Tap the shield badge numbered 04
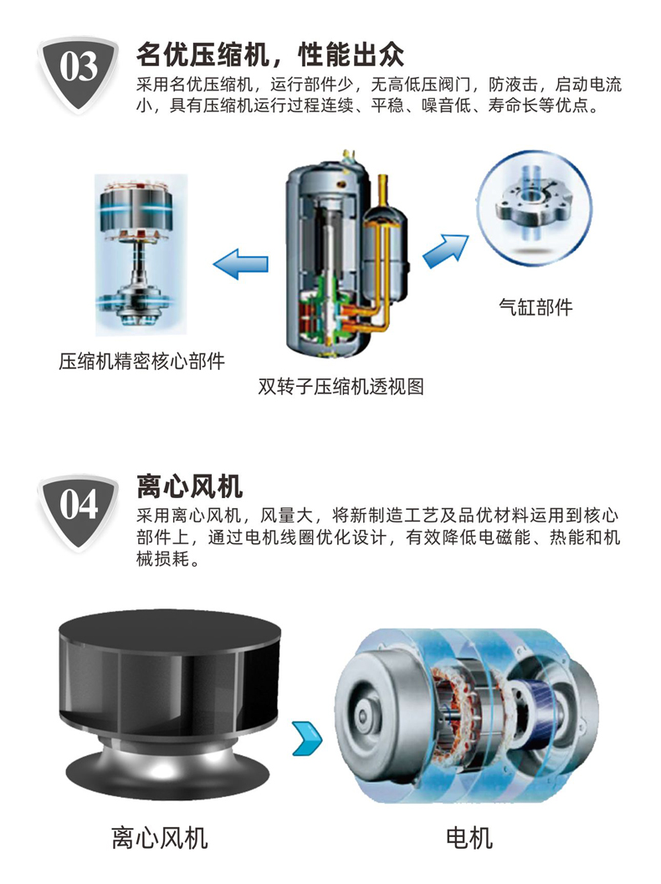(x=78, y=511)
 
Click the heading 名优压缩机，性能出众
(x=270, y=54)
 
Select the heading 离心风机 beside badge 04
(x=189, y=486)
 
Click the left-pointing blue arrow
(x=241, y=264)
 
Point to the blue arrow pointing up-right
(x=446, y=251)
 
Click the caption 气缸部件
(x=535, y=307)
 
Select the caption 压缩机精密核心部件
(x=142, y=361)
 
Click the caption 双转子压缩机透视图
(x=341, y=386)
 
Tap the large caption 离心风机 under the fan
(x=160, y=838)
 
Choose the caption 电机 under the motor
(x=469, y=838)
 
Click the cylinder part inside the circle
(x=532, y=206)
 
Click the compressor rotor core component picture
(x=141, y=254)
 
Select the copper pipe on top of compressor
(x=382, y=193)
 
